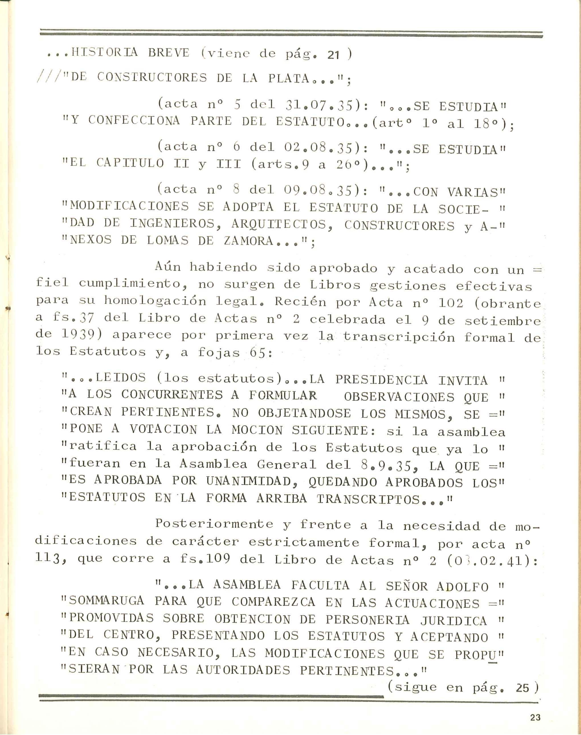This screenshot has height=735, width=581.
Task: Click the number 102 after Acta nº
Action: (451, 303)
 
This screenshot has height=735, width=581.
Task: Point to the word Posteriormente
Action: (214, 524)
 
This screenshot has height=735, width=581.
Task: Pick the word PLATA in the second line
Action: (289, 78)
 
